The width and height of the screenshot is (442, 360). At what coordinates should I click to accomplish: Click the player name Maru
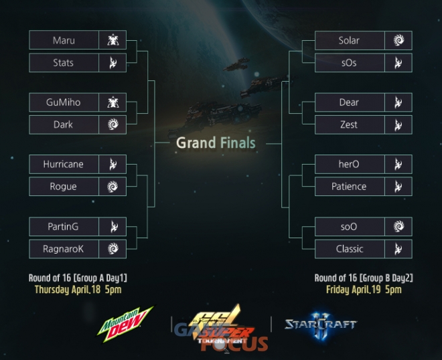[64, 40]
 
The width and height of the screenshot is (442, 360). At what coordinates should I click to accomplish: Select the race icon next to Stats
[113, 62]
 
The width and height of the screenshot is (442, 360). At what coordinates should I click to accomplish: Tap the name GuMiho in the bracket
[63, 102]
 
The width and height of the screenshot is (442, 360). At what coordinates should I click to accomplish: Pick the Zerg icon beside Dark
[113, 124]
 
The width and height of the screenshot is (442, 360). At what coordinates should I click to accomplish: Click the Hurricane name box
[64, 164]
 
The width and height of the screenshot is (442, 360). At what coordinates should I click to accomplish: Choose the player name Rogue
[63, 187]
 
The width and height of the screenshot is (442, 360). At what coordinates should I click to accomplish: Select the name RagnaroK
[63, 249]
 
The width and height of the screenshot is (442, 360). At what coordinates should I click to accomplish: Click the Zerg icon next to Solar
[398, 40]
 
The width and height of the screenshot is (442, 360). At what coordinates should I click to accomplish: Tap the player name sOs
[349, 63]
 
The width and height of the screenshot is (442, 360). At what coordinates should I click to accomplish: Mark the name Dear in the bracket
[349, 102]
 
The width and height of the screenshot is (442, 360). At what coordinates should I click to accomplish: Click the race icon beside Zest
[398, 124]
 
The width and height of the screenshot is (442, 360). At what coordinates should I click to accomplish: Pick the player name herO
[349, 164]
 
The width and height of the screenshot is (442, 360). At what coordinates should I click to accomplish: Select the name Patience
[349, 187]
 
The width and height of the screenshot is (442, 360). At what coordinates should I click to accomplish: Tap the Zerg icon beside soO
[398, 226]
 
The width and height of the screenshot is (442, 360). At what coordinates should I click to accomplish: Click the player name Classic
[350, 249]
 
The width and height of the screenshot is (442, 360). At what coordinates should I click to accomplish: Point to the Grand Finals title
[216, 143]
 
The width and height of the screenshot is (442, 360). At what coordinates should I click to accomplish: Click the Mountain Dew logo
[125, 324]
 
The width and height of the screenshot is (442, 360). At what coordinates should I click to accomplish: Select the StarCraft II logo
[321, 326]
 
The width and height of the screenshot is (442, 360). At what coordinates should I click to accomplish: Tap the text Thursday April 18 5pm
[78, 290]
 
